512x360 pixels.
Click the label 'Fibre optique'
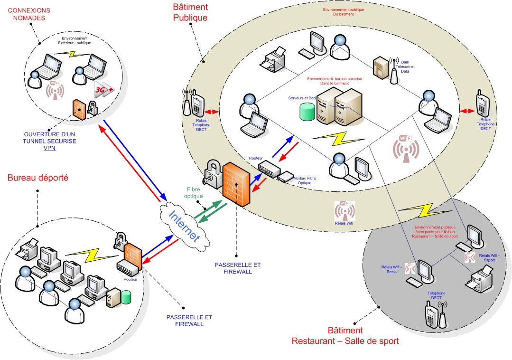195,192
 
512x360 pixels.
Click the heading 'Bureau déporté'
38,178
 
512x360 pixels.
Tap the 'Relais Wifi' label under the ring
345,222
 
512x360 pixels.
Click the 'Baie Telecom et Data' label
408,67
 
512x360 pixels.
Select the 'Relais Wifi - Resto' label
392,269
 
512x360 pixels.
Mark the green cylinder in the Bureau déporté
126,297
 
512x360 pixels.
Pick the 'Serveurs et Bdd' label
301,98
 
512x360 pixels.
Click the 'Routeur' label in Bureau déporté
130,280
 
